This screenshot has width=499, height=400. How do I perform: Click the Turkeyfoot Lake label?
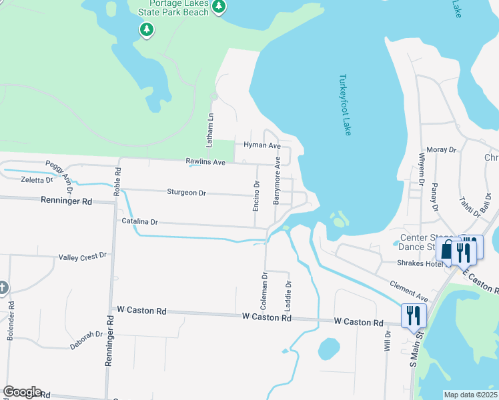[x=344, y=105]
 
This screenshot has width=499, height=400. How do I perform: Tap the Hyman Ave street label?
[x=262, y=145]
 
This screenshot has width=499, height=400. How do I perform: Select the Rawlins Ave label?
[x=205, y=162]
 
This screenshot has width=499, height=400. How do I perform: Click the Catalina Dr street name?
[x=139, y=221]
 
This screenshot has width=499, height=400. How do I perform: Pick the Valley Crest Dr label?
[x=83, y=257]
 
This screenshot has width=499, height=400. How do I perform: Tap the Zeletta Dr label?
[x=37, y=180]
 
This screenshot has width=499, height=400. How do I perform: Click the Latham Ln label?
[x=209, y=130]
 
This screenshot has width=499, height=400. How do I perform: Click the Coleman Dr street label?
[x=264, y=289]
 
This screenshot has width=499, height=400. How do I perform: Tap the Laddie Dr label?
[x=288, y=293]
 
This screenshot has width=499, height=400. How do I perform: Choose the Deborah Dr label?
[x=86, y=340]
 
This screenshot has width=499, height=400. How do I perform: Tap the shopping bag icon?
[x=446, y=251]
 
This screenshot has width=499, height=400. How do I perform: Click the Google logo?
[x=21, y=392]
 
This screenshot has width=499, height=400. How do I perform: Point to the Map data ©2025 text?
[x=470, y=395]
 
